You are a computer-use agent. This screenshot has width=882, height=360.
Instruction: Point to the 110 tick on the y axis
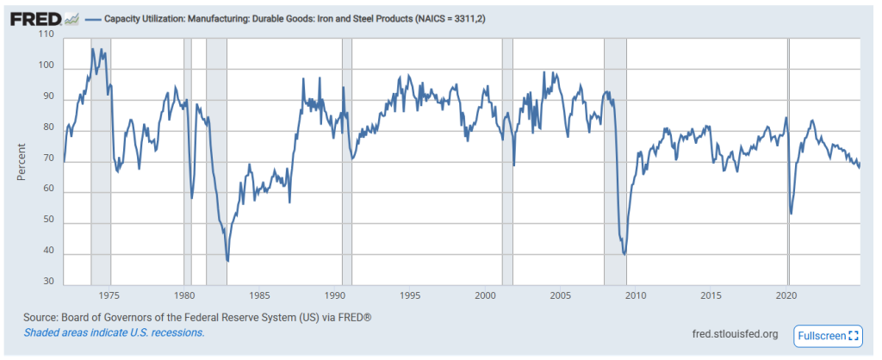pyautogui.click(x=47, y=35)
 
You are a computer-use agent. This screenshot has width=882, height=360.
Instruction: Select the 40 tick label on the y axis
pyautogui.click(x=47, y=251)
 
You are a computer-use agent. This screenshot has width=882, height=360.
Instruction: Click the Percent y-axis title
pyautogui.click(x=22, y=160)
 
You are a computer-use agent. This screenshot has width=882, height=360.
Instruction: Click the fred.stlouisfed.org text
pyautogui.click(x=735, y=334)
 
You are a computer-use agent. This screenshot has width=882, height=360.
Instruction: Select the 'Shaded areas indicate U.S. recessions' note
pyautogui.click(x=114, y=332)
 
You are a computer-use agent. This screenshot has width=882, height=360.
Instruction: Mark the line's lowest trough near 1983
pyautogui.click(x=227, y=260)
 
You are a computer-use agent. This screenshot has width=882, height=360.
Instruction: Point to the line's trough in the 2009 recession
pyautogui.click(x=624, y=254)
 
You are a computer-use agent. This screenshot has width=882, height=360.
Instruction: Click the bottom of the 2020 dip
pyautogui.click(x=791, y=214)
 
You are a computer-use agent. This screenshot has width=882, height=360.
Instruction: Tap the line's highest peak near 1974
pyautogui.click(x=93, y=49)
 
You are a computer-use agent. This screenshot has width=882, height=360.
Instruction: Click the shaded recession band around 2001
pyautogui.click(x=507, y=164)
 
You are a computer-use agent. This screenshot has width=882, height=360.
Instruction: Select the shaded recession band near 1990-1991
pyautogui.click(x=346, y=164)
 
